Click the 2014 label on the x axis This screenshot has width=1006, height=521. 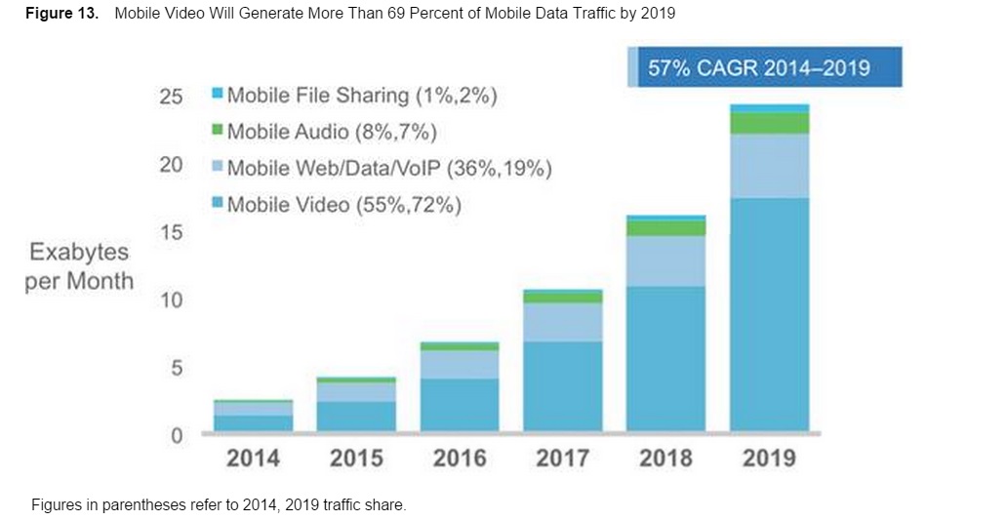[x=253, y=458]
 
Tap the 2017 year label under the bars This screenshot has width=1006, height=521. [x=562, y=458]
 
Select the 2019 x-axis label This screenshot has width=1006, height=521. [x=769, y=458]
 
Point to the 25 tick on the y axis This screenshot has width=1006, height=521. [x=170, y=98]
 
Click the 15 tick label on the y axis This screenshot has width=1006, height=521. [x=170, y=232]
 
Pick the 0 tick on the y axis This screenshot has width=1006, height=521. [x=176, y=436]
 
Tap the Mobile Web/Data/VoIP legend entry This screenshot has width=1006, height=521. [x=382, y=168]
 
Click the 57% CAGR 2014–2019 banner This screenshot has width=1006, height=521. [x=764, y=68]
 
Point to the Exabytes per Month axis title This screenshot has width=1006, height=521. [x=79, y=266]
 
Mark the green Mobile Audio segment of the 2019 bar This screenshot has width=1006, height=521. [x=769, y=123]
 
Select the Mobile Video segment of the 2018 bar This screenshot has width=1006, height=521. [x=665, y=358]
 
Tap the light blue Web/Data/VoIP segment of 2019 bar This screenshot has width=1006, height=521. [x=769, y=166]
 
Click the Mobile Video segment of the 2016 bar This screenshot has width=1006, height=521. [x=460, y=404]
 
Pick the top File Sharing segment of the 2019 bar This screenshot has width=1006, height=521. [x=769, y=108]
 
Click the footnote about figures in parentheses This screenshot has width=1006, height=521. [x=219, y=505]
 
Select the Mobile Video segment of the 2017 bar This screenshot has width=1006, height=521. [x=562, y=385]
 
